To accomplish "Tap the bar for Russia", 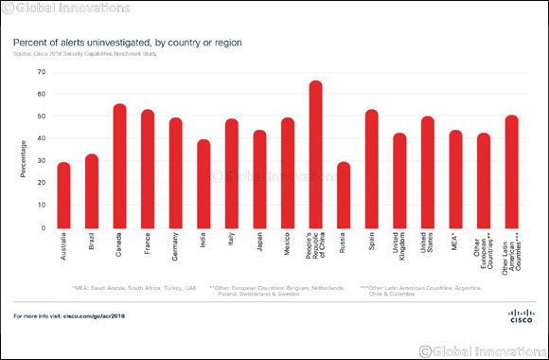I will point(344,195).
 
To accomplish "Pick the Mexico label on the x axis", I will point(287,246).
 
